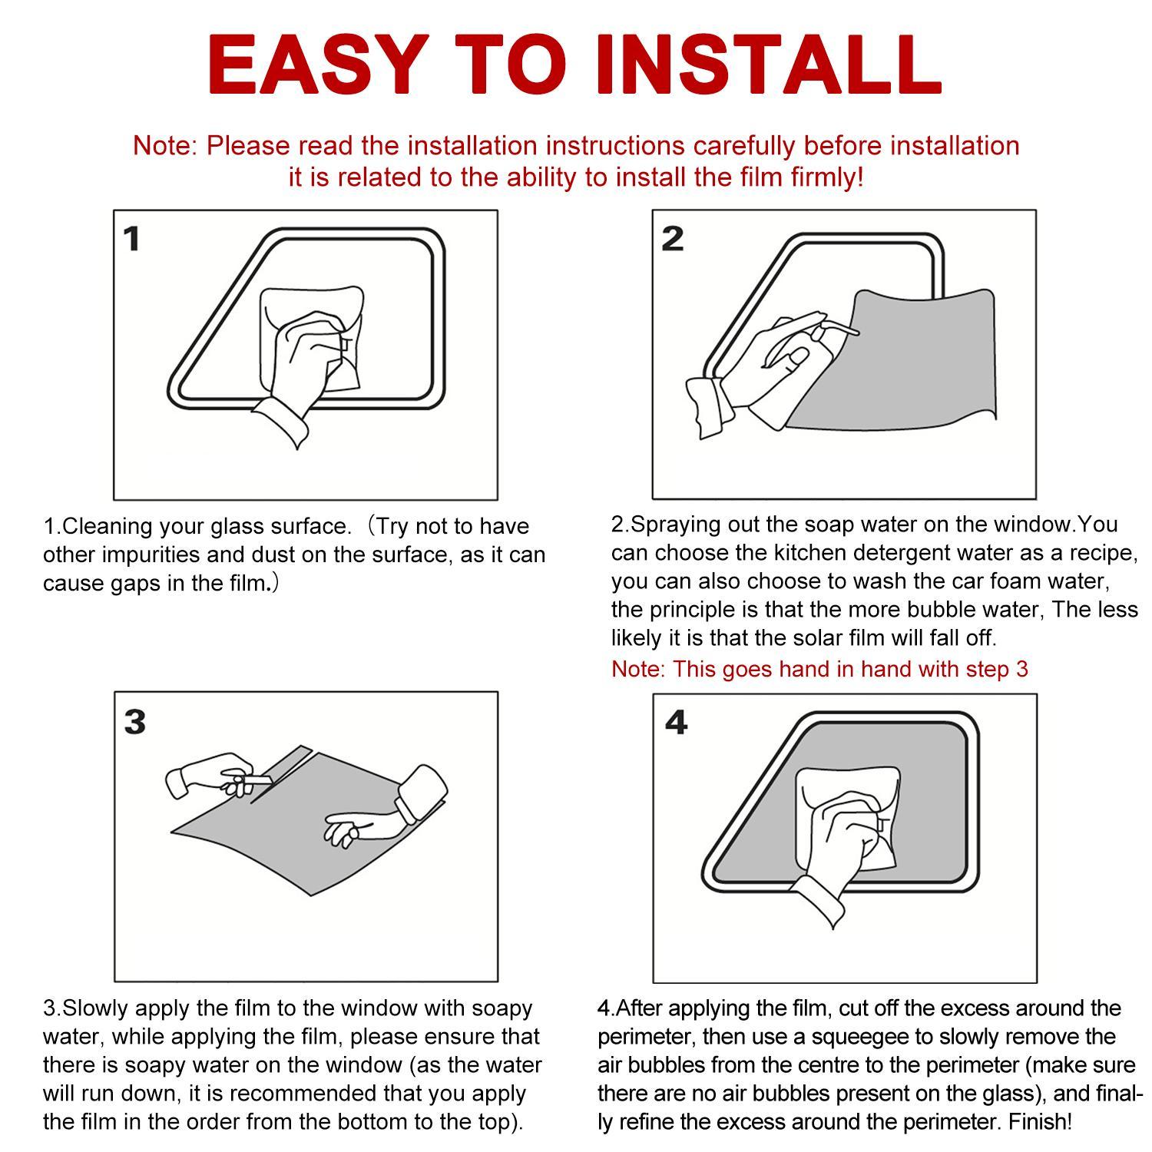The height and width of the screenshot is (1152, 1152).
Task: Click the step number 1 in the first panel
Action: [132, 239]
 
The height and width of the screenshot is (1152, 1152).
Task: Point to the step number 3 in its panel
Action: [134, 721]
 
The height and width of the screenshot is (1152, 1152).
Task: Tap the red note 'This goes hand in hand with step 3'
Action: [819, 669]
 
